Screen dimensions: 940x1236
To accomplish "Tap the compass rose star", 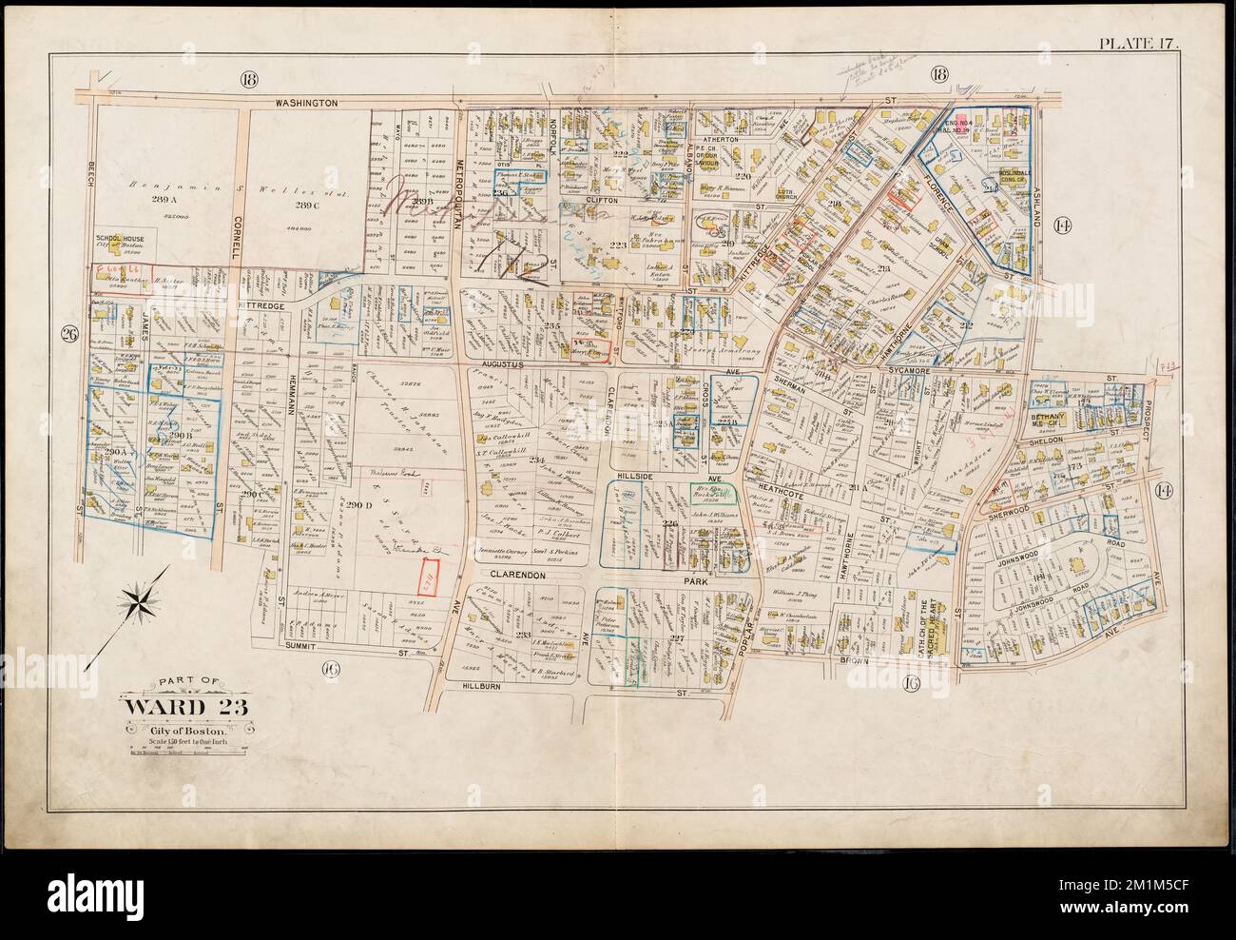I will [140, 600].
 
